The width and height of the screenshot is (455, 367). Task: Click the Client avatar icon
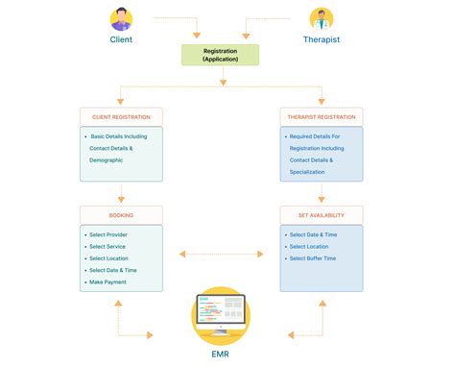click(x=121, y=17)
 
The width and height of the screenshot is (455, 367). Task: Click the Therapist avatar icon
click(x=322, y=17)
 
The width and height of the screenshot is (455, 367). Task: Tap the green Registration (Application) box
click(x=222, y=54)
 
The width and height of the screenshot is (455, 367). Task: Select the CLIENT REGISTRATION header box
click(x=121, y=117)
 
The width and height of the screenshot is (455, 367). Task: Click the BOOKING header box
click(x=121, y=214)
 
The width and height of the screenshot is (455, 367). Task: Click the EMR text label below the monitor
click(x=222, y=354)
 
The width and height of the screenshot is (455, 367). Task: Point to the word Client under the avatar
click(x=121, y=39)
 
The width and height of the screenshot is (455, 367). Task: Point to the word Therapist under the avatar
click(x=322, y=39)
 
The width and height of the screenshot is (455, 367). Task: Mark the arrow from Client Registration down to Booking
click(x=121, y=192)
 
